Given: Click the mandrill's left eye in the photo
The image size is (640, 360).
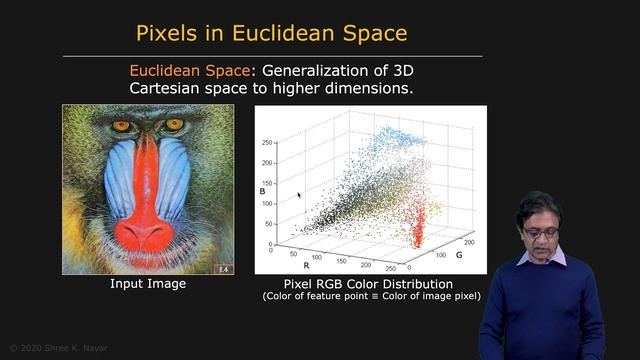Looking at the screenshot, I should [x=122, y=126].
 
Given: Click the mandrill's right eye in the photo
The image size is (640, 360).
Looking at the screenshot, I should [x=175, y=124].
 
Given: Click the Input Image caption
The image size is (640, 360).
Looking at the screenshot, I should [x=148, y=284].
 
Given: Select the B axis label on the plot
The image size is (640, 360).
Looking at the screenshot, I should [x=262, y=190].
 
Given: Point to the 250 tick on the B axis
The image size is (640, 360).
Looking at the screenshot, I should [x=267, y=142].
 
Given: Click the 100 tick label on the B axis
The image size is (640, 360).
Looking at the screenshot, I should [x=267, y=203].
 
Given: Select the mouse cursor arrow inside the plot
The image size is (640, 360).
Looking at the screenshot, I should [x=299, y=195].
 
